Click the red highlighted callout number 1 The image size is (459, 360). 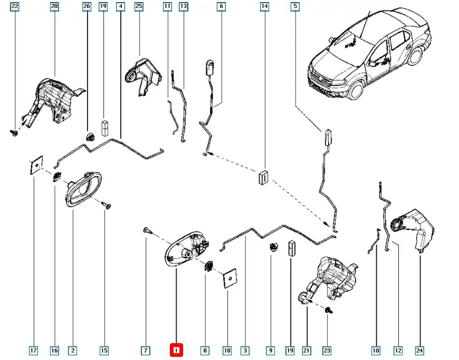[176, 350]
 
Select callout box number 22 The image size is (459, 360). [14, 7]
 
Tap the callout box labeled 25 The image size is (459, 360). [139, 7]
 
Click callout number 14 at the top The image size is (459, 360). [264, 7]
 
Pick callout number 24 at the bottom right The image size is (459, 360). [419, 350]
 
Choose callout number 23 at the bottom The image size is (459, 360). [327, 350]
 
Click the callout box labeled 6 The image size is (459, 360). [221, 7]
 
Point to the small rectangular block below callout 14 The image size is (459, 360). [262, 177]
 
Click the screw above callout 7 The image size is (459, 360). [146, 230]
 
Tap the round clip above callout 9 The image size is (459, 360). [273, 247]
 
